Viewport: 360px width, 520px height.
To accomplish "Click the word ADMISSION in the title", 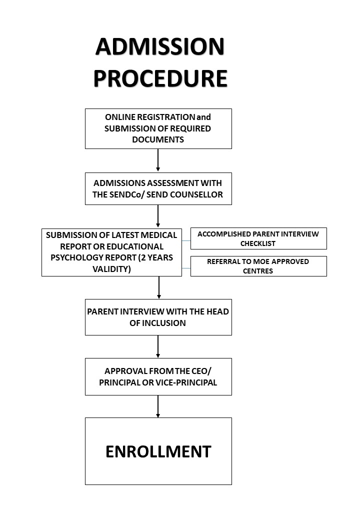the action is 160,46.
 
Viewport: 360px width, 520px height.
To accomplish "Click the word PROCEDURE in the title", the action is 160,78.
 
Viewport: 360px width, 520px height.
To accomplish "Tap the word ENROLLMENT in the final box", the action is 158,451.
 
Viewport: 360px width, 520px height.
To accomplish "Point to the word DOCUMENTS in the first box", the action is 158,139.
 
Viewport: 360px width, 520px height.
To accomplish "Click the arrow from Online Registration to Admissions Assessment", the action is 158,160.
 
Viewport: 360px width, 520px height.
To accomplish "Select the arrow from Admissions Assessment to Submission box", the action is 158,216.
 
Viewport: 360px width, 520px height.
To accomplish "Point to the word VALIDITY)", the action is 111,269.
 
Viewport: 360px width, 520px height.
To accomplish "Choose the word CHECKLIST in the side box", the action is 258,243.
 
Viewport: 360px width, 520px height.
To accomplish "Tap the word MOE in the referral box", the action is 261,261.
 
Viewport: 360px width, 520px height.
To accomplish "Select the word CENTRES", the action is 258,271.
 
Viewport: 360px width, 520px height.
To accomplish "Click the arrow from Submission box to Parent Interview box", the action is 159,288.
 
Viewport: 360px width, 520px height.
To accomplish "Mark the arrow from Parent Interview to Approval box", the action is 158,346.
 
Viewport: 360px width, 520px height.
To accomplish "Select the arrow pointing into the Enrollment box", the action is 158,406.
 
